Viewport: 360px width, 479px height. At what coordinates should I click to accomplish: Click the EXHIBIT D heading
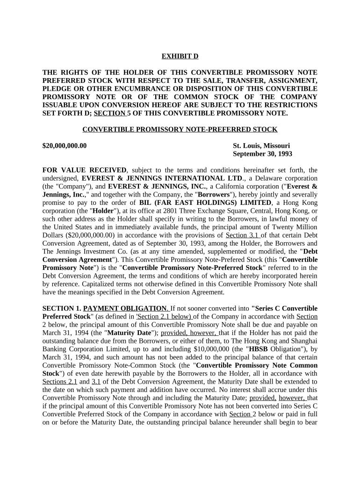(180, 56)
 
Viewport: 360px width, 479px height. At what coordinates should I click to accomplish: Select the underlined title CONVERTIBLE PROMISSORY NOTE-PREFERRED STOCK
(180, 129)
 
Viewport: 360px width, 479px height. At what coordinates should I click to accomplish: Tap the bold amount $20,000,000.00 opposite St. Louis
(65, 145)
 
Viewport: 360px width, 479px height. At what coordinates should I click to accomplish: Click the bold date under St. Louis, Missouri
(262, 154)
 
